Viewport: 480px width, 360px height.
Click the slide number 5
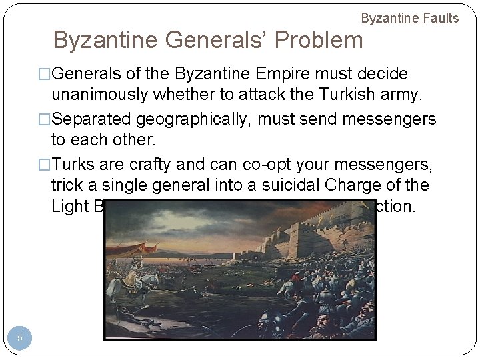pyautogui.click(x=20, y=339)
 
